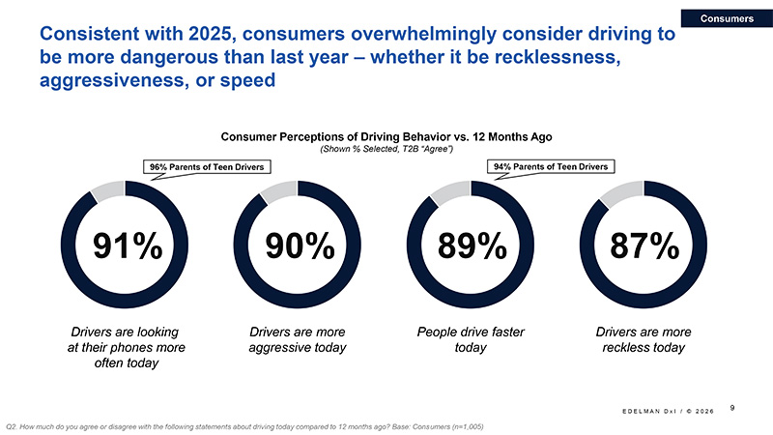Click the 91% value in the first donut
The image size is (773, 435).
[x=127, y=247]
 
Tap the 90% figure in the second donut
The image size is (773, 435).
[x=301, y=247]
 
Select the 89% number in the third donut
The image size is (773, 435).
[x=472, y=247]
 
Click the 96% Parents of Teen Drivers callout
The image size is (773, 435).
[x=206, y=168]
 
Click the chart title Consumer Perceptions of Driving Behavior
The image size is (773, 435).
[x=386, y=136]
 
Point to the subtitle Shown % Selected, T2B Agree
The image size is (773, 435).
[x=386, y=150]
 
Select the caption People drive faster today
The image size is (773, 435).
[x=472, y=339]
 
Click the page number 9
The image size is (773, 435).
[x=733, y=406]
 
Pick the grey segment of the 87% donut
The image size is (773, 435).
[x=616, y=192]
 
